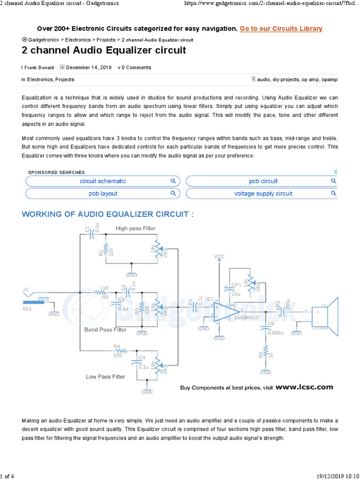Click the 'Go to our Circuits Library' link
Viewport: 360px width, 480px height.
point(281,29)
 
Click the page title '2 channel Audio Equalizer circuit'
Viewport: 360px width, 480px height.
point(104,50)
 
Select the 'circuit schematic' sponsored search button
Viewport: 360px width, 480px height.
point(103,181)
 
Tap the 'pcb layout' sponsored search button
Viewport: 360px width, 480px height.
point(103,194)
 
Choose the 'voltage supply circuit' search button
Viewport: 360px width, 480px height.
point(263,194)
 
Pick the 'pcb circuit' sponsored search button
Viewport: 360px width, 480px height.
point(263,181)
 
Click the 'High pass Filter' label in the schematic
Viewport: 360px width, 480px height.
point(136,228)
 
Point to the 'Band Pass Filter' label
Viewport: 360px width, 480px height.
point(105,330)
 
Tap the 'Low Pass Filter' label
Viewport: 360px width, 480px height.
point(105,376)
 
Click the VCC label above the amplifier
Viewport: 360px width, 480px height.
point(219,256)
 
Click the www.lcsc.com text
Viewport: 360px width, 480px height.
point(304,387)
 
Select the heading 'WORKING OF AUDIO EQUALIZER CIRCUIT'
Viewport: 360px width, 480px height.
point(108,214)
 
